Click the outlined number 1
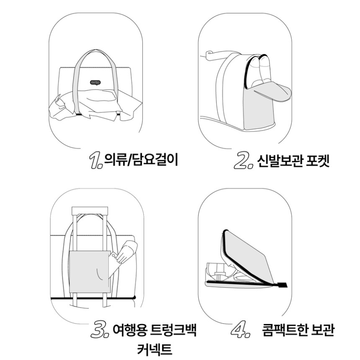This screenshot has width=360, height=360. tap(95, 160)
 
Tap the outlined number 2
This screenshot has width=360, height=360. tap(242, 160)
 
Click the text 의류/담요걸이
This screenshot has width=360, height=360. tap(141, 160)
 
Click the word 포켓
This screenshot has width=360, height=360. tap(318, 161)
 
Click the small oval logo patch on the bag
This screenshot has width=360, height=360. tap(95, 82)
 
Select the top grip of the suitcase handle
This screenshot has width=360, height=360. tap(90, 211)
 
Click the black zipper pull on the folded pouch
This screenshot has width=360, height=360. tap(283, 285)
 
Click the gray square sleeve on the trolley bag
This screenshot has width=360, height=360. tap(90, 272)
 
